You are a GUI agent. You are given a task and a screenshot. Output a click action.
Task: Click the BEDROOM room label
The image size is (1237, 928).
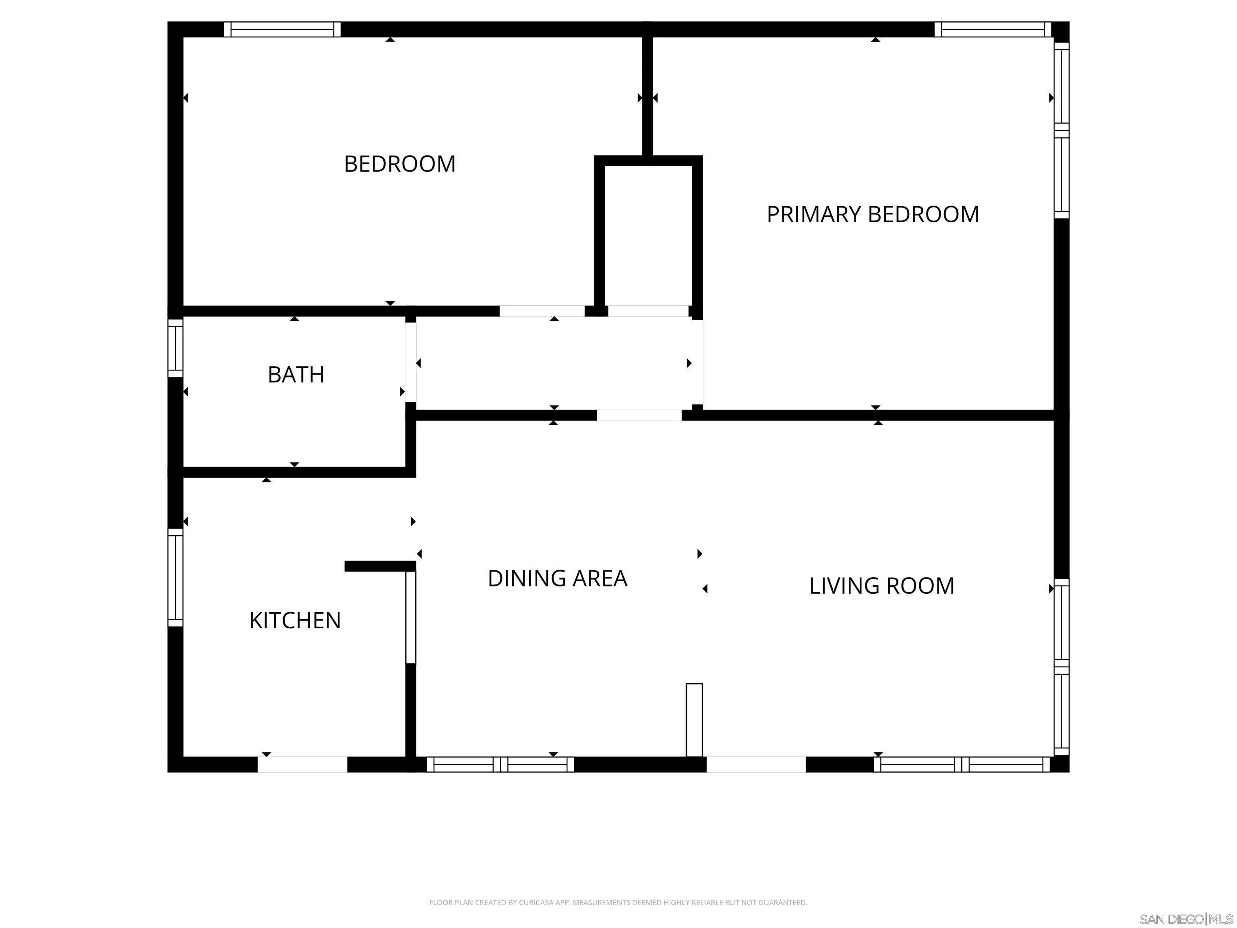coord(399,164)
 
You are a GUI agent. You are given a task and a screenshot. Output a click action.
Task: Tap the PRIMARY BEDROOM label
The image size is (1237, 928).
coord(873,214)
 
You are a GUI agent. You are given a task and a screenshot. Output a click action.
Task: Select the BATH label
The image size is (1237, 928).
coord(296,374)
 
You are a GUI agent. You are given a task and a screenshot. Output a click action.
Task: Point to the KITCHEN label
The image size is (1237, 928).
coord(295,620)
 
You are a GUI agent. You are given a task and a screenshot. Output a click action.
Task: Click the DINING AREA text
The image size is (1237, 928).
coord(557,578)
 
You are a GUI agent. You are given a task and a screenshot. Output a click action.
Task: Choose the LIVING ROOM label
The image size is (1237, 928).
coord(881,586)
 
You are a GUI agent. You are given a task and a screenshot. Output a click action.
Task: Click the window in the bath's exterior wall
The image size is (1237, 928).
coord(176,348)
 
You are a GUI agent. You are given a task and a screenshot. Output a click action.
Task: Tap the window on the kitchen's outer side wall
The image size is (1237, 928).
coord(176,577)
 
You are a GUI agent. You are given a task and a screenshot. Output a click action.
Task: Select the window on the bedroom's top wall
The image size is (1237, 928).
coord(282,29)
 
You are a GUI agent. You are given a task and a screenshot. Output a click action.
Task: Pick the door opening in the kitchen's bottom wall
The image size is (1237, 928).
coord(302,764)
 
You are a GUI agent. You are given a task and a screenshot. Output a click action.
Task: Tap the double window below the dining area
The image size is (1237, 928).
coord(501,764)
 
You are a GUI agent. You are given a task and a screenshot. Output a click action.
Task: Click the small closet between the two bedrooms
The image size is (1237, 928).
coord(648,235)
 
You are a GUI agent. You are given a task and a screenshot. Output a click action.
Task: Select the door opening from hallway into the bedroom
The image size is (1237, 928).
coord(541,311)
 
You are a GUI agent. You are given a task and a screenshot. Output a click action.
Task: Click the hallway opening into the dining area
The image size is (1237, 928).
coord(639,415)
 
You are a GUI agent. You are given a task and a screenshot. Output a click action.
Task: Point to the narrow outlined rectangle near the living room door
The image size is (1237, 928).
coord(694,719)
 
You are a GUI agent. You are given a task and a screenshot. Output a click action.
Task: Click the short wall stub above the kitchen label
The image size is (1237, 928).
coord(380,566)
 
